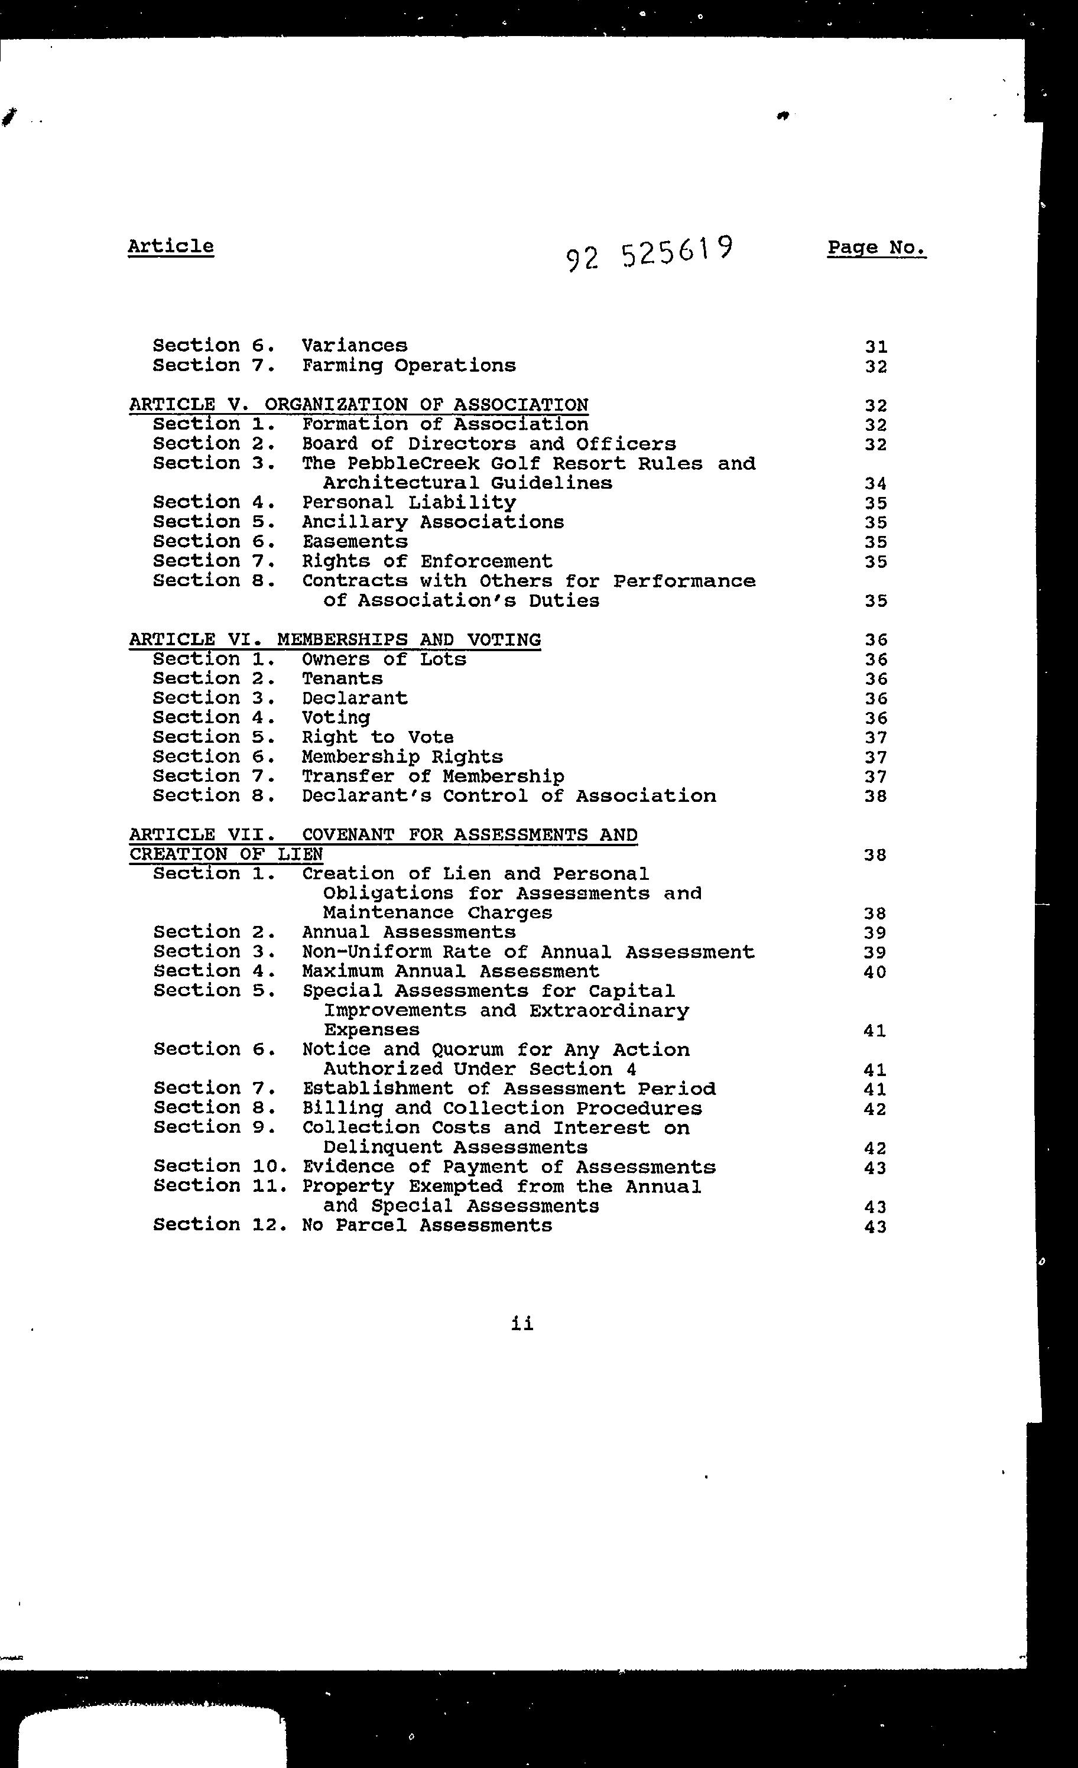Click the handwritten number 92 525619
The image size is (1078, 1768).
point(650,252)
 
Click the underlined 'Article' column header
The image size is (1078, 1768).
point(171,246)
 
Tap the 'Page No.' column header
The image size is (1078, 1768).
point(876,248)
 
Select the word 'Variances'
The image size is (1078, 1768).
point(355,346)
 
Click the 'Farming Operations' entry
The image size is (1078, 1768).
point(408,365)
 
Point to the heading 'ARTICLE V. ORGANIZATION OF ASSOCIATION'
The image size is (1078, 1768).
point(359,405)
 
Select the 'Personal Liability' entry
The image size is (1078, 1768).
point(408,502)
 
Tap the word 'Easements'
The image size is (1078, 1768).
point(355,542)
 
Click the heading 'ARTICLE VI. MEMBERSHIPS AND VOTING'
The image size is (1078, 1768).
point(335,639)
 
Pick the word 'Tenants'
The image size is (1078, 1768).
point(342,679)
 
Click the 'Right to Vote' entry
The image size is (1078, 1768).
point(378,737)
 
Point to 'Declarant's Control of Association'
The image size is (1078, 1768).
point(508,796)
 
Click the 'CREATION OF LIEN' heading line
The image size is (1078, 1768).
point(226,854)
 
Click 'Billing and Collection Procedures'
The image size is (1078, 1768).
point(502,1109)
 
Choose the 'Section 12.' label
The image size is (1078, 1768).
point(220,1226)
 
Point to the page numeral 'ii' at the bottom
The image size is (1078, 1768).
point(522,1324)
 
